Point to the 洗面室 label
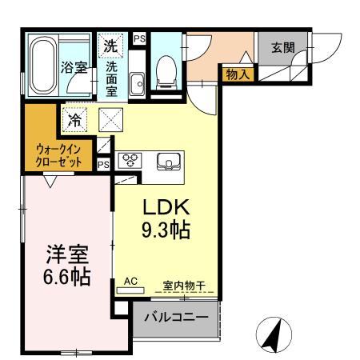[112, 78]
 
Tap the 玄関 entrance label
[282, 47]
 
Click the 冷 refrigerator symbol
[75, 121]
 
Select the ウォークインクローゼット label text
[58, 154]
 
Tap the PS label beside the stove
[103, 164]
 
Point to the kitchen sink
[170, 160]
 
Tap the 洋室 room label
[66, 254]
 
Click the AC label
[131, 282]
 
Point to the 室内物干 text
[185, 284]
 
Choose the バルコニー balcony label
[176, 318]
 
